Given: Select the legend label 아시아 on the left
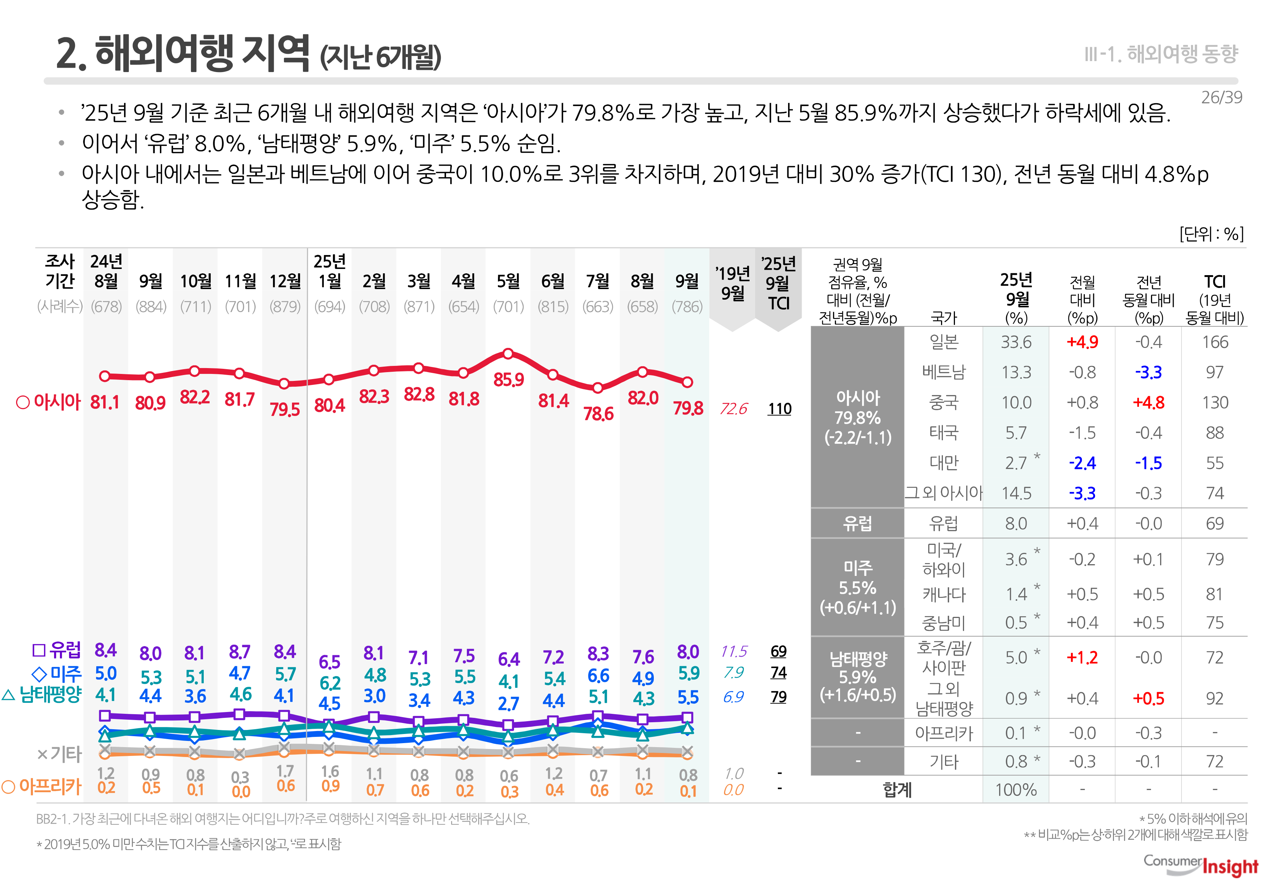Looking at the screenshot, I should (x=49, y=402).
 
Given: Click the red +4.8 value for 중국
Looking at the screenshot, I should (x=1148, y=402).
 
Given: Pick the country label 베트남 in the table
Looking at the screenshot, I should (x=943, y=372).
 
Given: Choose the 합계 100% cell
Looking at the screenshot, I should (x=1016, y=790).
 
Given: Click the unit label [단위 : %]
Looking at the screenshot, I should (x=1211, y=234).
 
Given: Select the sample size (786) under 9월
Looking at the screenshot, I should (x=687, y=307).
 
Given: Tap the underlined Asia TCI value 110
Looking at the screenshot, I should (x=779, y=409).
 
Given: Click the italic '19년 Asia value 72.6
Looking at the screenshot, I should (x=733, y=409).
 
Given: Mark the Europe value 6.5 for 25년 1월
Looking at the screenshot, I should (x=329, y=662).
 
